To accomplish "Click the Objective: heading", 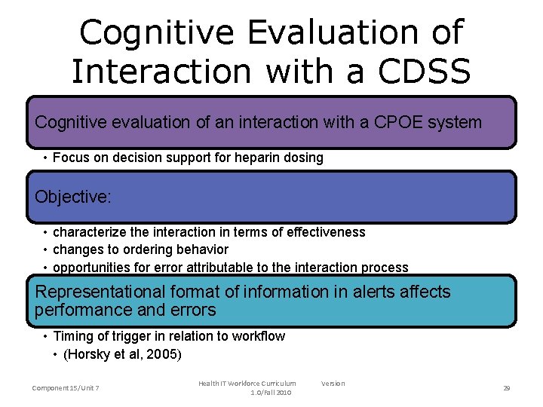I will [73, 197].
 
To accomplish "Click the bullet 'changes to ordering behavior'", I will [140, 249].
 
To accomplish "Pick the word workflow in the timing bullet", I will [258, 336].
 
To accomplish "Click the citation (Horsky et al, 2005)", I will [122, 353].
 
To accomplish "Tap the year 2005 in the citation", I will [164, 353].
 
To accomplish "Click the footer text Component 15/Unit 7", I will [66, 387].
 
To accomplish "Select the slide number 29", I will [506, 387].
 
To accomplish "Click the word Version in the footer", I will [333, 384].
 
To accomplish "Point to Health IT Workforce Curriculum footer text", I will [247, 384].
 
